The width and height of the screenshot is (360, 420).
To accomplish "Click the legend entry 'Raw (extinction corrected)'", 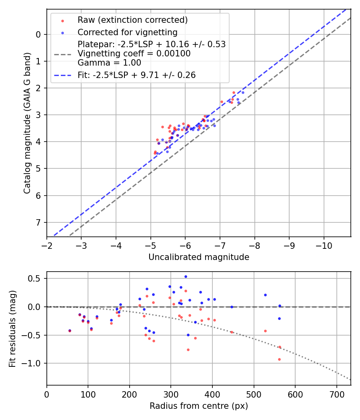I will click(132, 20).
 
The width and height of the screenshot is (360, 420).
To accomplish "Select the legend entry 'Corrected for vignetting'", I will click(127, 32).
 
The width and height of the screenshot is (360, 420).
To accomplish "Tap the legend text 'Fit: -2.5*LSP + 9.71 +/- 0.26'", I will click(136, 75).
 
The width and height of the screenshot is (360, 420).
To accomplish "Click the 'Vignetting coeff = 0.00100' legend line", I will click(134, 54).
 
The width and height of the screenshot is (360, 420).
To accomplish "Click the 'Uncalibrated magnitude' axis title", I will click(199, 257).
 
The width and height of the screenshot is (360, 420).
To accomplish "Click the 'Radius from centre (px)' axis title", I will click(199, 406).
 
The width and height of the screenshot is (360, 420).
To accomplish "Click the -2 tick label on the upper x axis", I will click(47, 245).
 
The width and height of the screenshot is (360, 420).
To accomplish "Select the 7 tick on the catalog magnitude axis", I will click(38, 222).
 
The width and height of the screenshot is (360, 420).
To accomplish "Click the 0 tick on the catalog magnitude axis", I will click(38, 34).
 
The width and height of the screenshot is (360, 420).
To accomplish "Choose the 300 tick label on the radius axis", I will click(171, 394).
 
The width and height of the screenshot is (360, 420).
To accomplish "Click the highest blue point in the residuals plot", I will click(186, 276).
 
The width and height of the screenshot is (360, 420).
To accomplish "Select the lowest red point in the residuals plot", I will click(279, 359).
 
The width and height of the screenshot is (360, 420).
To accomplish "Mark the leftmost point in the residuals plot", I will click(70, 331).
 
